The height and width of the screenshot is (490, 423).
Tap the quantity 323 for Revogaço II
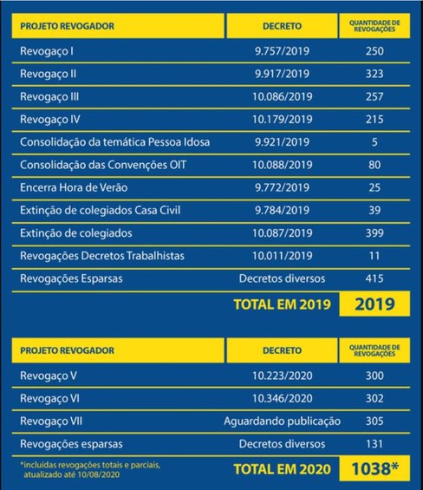pos(374,74)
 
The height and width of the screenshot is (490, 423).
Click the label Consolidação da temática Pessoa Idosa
pos(114,141)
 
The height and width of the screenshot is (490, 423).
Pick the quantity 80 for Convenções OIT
pos(374,164)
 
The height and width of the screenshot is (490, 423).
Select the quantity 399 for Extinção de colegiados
pos(374,232)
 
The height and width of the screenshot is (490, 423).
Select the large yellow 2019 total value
pos(374,304)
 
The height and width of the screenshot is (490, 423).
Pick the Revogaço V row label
pos(49,376)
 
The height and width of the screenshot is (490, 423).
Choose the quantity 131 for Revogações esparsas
pos(374,443)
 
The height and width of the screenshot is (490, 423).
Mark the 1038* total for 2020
pos(375,469)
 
